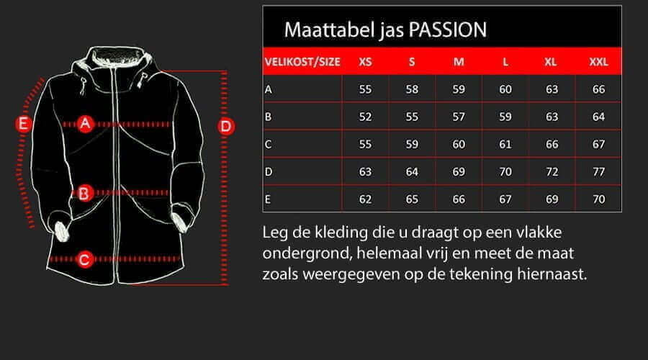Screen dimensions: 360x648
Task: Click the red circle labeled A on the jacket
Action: point(86,124)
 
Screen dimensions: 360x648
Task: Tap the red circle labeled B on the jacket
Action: point(84,192)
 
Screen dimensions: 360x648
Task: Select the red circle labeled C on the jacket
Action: point(84,259)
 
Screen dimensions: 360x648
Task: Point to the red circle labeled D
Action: point(227,127)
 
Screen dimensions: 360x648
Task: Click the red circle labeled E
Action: point(24,124)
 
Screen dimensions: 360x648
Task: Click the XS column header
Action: point(365,62)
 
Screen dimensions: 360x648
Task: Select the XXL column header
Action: point(598,62)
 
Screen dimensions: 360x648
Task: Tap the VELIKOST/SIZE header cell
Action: point(302,62)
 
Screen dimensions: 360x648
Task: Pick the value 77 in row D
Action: point(598,171)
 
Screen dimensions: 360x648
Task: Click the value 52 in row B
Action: point(365,117)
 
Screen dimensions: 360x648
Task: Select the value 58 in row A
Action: point(412,89)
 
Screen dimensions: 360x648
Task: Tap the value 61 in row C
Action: point(505,144)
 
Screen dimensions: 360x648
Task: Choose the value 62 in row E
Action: point(365,199)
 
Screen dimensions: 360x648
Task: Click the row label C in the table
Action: point(269,144)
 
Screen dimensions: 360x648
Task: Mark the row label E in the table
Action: point(268,199)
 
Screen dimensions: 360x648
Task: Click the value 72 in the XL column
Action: point(552,171)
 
